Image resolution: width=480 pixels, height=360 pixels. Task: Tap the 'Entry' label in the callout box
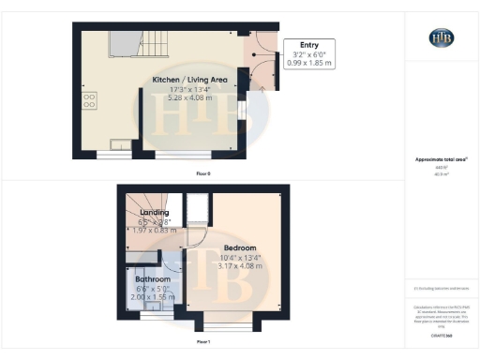point(308,45)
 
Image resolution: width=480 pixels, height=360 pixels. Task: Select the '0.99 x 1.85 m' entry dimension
point(308,64)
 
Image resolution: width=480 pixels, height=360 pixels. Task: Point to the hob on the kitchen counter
point(90,99)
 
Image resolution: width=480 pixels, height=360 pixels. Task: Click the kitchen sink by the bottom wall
point(122,144)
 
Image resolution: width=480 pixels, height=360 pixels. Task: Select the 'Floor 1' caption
point(203,343)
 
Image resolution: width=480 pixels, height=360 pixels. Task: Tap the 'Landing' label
point(154,213)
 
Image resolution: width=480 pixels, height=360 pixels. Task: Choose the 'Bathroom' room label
point(152,279)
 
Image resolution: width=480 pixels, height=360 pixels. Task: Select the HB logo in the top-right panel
point(442,37)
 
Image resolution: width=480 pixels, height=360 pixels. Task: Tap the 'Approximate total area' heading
point(441,160)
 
